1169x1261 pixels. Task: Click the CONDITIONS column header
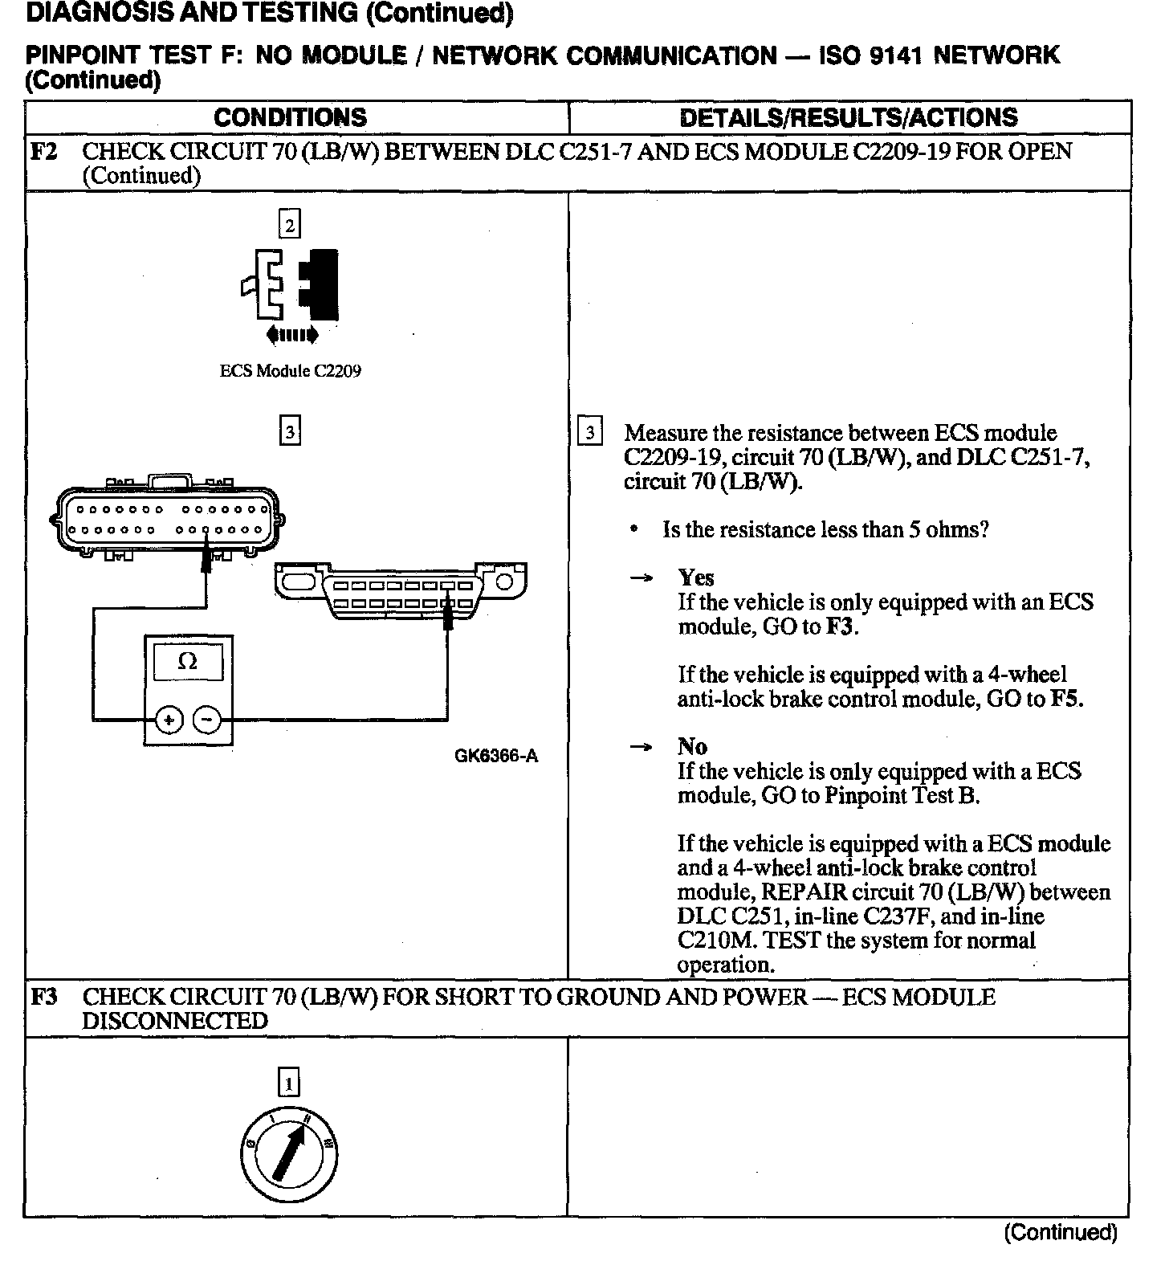coord(290,118)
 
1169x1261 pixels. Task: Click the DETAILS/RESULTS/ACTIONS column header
coord(849,118)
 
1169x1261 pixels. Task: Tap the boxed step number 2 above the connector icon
coord(290,224)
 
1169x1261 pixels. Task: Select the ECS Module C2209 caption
coord(290,371)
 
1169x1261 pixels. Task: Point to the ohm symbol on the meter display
coord(187,662)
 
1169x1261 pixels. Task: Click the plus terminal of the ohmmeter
coord(169,720)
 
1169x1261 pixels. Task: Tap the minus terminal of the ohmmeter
coord(207,720)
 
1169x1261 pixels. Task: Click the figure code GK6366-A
coord(496,756)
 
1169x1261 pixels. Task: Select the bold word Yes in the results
coord(696,577)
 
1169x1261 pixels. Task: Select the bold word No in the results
coord(692,747)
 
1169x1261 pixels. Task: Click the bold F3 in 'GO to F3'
coord(840,626)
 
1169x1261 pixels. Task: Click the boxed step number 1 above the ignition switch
coord(289,1084)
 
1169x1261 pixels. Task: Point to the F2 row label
coord(44,152)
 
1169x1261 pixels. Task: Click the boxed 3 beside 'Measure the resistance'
coord(590,433)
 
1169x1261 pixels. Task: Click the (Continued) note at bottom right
coord(1060,1232)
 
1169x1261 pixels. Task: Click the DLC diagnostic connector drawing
coord(401,591)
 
